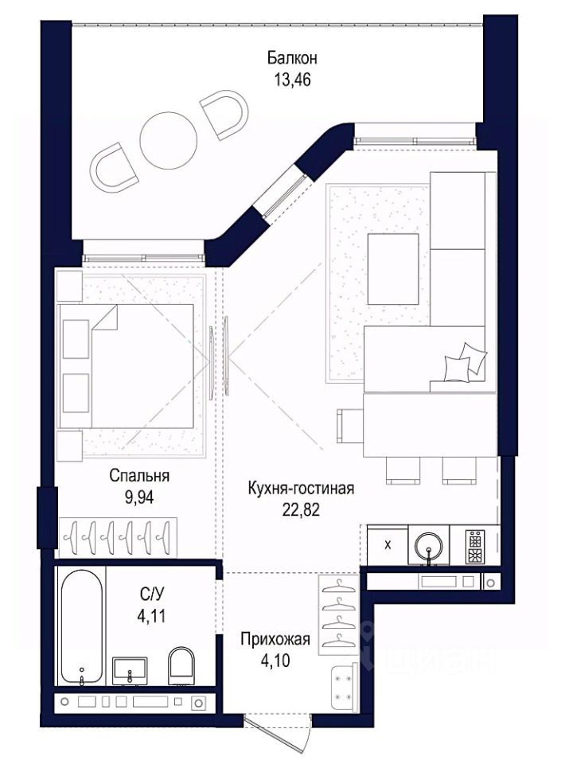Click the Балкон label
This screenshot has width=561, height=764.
point(292,58)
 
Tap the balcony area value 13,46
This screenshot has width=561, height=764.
point(292,80)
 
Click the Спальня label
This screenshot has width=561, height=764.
point(139,475)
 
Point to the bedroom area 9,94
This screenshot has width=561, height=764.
point(139,497)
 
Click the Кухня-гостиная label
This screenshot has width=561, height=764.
point(301,488)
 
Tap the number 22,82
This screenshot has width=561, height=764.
point(301,509)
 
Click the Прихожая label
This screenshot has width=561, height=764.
point(275,639)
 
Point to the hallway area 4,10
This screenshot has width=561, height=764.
point(275,661)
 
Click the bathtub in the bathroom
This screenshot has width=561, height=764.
point(82,628)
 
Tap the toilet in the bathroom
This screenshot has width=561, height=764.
point(181,665)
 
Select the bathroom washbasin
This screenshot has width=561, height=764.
point(130,671)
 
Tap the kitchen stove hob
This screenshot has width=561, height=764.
point(475,546)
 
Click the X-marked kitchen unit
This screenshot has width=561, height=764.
point(388,545)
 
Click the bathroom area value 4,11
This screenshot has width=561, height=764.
point(151,616)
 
